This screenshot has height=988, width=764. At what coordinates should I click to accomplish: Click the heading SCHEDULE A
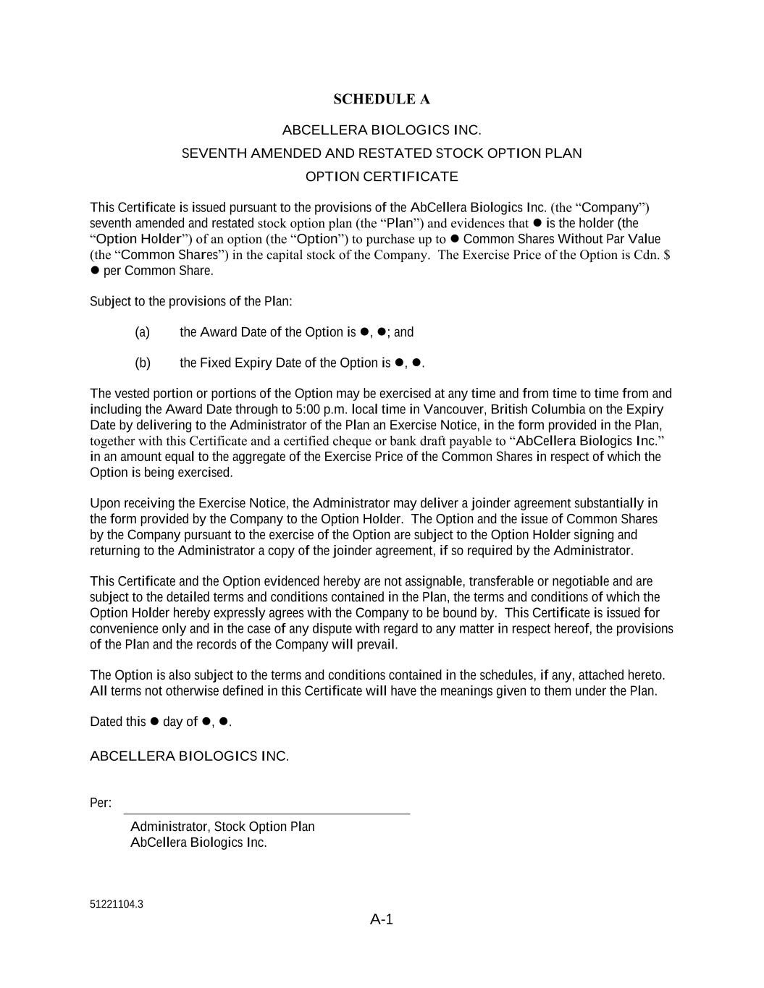click(x=381, y=99)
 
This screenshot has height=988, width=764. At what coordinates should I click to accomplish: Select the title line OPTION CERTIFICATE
click(x=381, y=177)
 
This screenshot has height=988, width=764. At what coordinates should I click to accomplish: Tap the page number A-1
click(x=381, y=919)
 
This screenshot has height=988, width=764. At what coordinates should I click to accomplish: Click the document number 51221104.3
click(x=117, y=904)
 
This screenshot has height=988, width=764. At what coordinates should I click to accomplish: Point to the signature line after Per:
click(x=266, y=812)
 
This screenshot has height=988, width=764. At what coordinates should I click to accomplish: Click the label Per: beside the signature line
click(x=101, y=803)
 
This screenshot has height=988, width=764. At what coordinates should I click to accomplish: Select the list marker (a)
click(x=143, y=332)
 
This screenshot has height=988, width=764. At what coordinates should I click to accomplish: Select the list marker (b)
click(x=143, y=363)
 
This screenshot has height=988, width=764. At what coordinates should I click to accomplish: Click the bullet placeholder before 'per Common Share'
click(x=94, y=271)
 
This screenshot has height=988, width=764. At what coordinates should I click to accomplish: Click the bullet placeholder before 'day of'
click(x=154, y=722)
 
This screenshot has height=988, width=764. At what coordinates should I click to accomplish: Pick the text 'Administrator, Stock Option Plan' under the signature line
click(x=222, y=827)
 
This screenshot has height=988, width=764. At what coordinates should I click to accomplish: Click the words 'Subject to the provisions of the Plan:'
click(x=191, y=301)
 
